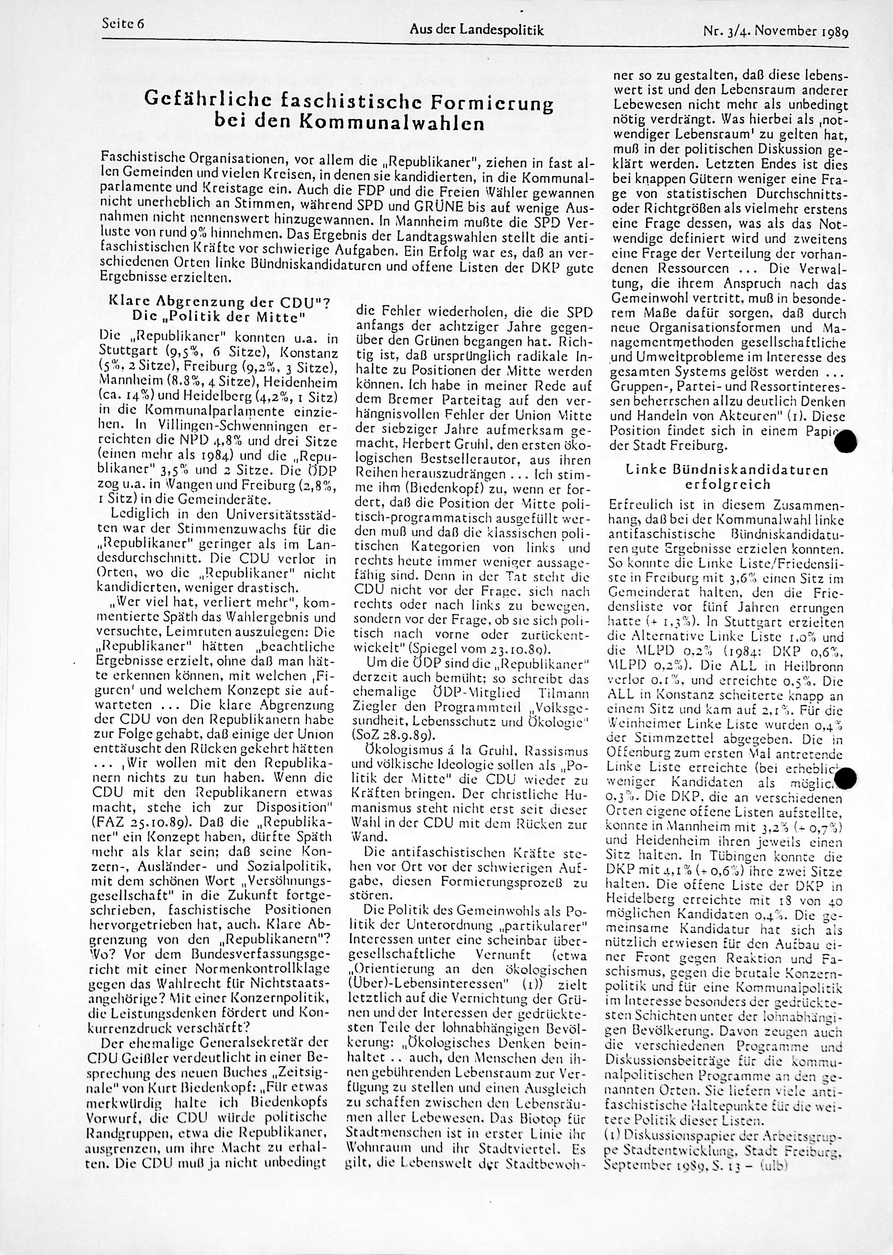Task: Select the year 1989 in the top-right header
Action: coord(835,31)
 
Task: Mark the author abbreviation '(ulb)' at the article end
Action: coord(774,1223)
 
